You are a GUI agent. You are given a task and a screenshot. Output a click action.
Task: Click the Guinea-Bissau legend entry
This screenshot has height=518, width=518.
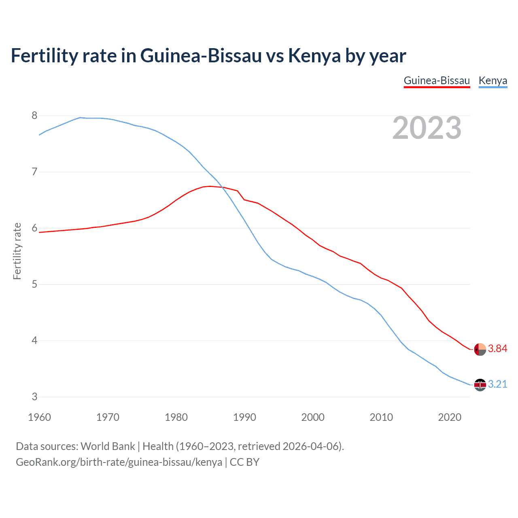(437, 81)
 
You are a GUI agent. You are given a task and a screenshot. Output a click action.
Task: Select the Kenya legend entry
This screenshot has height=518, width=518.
(493, 81)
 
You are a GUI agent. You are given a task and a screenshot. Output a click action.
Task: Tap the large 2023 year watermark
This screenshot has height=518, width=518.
(427, 128)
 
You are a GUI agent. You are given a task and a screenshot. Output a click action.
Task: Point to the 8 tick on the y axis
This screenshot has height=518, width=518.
(34, 116)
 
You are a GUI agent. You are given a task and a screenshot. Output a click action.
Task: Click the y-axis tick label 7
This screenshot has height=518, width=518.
(34, 172)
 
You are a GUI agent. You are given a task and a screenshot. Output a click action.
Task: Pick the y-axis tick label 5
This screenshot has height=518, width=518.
(34, 284)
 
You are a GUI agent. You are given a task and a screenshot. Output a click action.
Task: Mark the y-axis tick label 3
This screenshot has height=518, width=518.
(34, 397)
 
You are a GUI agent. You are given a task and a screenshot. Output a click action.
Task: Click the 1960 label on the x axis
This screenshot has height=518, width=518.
(39, 417)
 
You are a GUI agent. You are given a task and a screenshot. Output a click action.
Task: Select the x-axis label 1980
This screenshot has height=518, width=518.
(176, 417)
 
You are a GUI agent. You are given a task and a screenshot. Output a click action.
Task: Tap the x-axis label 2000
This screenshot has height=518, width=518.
(313, 417)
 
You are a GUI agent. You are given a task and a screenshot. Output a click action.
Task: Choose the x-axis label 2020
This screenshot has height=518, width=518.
(450, 417)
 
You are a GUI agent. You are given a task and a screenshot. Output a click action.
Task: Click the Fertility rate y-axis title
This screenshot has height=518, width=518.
(17, 251)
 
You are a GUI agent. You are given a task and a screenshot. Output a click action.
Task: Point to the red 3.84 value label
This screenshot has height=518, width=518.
(497, 349)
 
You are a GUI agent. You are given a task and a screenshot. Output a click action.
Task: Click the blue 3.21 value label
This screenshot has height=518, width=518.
(497, 384)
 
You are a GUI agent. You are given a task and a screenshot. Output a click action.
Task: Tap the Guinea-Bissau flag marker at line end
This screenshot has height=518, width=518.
(480, 349)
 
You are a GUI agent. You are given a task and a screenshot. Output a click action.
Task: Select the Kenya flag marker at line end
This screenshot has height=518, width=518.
(480, 385)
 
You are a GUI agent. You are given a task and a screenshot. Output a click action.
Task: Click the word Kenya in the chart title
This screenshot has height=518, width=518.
(314, 56)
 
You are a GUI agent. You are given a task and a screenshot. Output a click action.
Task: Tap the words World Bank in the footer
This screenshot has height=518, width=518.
(108, 446)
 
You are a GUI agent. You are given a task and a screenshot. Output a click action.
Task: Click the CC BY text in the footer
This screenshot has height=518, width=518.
(244, 462)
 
